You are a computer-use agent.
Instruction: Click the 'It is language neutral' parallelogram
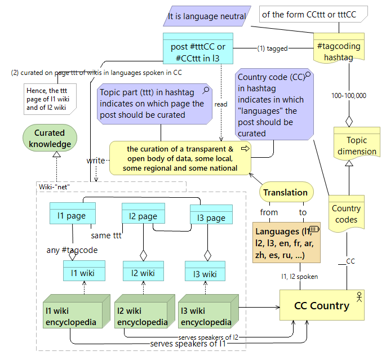207,16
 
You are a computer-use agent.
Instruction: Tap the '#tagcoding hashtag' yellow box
339,51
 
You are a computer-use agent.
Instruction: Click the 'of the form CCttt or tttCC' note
313,14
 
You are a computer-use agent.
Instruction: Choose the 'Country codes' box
345,214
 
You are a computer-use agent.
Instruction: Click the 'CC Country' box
322,306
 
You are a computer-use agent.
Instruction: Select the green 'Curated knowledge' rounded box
50,139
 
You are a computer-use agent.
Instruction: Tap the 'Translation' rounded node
286,192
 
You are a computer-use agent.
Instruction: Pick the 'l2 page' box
143,216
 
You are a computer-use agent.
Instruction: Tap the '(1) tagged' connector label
272,48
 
